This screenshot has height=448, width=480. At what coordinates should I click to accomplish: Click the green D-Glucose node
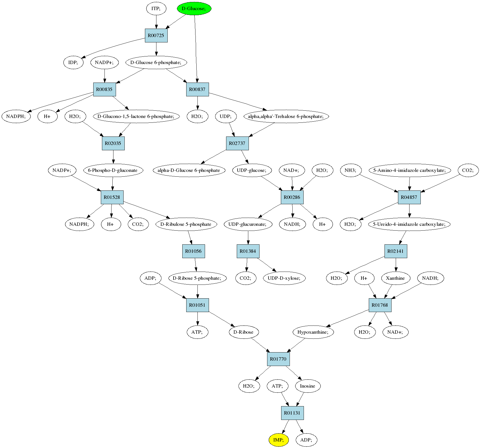tap(194, 8)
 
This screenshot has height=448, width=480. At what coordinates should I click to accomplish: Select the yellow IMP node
tap(278, 440)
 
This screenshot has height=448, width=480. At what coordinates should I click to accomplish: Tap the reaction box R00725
tap(156, 35)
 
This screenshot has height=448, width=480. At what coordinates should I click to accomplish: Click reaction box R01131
tap(292, 413)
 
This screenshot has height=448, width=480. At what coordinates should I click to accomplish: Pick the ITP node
tap(156, 8)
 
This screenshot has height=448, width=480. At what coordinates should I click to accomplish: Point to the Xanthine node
tap(395, 278)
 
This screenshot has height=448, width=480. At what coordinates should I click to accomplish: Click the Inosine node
tap(308, 386)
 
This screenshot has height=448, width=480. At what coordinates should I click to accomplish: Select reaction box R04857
tap(409, 197)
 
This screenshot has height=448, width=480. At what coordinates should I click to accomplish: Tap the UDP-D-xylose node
tap(284, 278)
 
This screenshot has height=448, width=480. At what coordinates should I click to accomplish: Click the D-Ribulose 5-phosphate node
tap(186, 224)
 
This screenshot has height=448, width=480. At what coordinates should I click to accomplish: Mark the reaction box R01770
tap(278, 359)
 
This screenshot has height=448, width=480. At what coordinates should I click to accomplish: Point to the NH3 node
tap(351, 170)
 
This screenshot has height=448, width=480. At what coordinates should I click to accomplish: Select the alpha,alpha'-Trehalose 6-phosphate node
tap(286, 116)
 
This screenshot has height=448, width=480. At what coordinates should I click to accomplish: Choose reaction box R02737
tap(237, 143)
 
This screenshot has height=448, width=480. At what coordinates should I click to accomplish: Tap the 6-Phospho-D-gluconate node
tap(113, 170)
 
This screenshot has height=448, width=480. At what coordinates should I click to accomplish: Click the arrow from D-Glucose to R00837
tap(196, 49)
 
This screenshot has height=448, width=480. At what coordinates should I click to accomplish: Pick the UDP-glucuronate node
tap(248, 224)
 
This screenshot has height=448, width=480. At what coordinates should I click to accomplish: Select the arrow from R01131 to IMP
tap(285, 427)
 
